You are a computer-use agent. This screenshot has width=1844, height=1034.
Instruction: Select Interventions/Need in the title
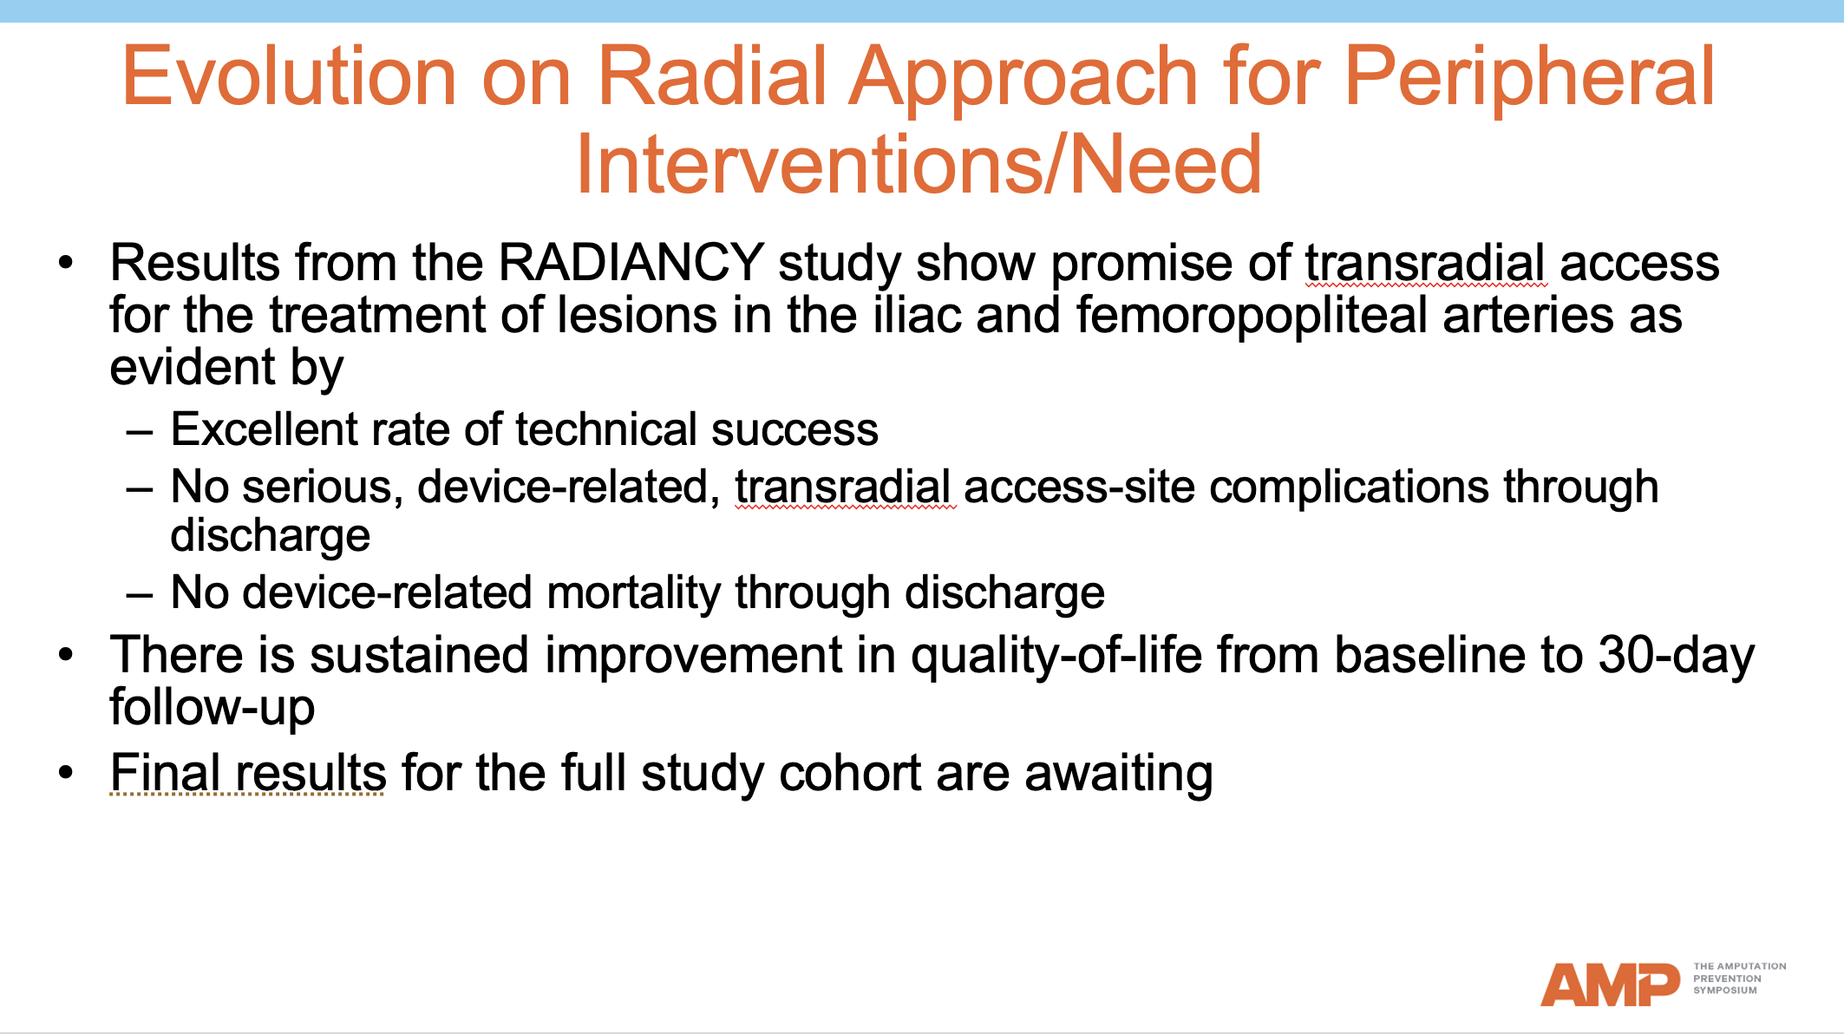pos(919,165)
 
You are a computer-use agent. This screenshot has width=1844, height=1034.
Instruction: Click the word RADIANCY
pos(631,263)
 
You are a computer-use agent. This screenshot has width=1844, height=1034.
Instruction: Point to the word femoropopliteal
pos(1252,315)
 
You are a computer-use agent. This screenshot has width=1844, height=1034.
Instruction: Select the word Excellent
pos(264,429)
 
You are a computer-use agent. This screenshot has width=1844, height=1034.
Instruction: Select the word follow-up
pos(212,708)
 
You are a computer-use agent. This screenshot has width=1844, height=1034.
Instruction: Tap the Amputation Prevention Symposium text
pos(1738,978)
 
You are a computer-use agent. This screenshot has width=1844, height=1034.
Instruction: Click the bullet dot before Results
pos(67,263)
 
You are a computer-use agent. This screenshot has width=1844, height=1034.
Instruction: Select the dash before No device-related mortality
pos(140,595)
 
